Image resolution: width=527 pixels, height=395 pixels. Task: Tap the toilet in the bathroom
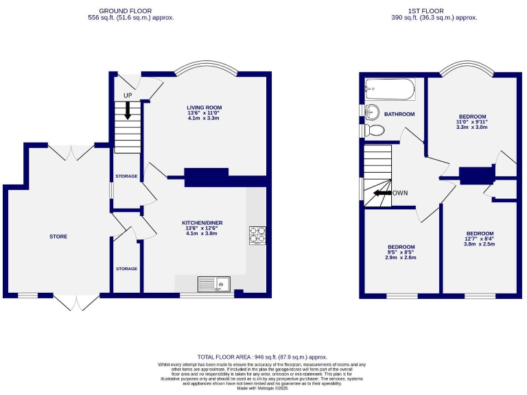coord(374,130)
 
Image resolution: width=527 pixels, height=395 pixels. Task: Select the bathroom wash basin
coord(371,112)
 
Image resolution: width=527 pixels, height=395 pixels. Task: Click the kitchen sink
coord(213,283)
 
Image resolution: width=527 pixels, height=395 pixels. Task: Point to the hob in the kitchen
coord(257,235)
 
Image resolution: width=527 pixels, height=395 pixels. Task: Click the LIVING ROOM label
coord(204,108)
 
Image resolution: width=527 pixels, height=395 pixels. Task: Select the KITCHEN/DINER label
coord(202,223)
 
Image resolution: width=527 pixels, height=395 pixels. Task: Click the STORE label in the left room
coord(58,237)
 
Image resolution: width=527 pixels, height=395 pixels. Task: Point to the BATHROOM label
coord(399,114)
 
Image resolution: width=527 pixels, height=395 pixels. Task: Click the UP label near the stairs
coord(128,95)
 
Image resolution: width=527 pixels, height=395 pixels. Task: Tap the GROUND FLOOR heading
coord(126,11)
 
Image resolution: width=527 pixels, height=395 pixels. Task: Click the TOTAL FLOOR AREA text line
coord(263,357)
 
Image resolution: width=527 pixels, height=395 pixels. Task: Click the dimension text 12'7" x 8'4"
coord(478,239)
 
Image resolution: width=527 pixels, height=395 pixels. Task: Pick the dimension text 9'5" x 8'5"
coord(401,252)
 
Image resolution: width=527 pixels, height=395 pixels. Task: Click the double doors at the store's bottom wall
coord(77,302)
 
